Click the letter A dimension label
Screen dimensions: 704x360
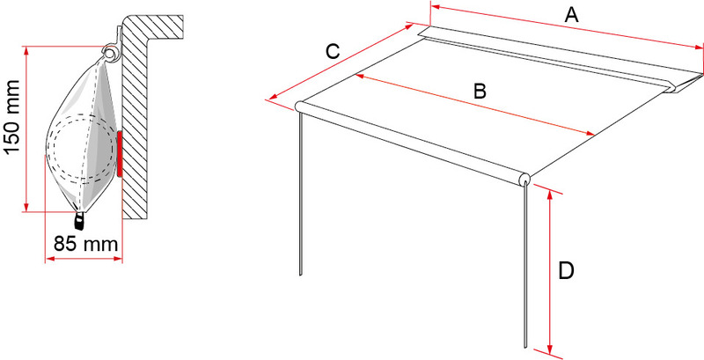(x=571, y=15)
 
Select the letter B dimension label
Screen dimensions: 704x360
(x=480, y=92)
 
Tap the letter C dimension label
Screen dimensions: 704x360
(x=333, y=52)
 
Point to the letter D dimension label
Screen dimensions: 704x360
(x=566, y=271)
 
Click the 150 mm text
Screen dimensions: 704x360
(x=12, y=117)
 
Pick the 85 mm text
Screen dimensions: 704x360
(x=85, y=244)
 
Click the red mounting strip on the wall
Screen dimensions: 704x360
(x=120, y=154)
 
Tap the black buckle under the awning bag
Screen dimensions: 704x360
(x=80, y=220)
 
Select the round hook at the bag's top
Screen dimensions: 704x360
(x=109, y=52)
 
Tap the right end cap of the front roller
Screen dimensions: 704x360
(x=524, y=180)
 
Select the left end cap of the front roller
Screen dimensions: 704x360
(x=299, y=106)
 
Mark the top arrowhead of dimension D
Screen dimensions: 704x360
(x=549, y=194)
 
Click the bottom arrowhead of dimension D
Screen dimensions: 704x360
(x=549, y=349)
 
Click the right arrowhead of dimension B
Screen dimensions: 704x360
(x=589, y=133)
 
